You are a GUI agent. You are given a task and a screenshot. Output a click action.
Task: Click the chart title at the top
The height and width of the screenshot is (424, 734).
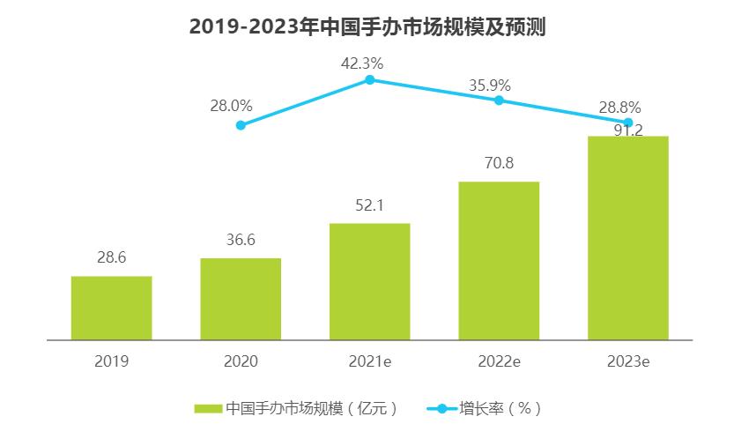367,27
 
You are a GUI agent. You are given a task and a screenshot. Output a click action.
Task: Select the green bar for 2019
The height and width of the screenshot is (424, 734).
111,308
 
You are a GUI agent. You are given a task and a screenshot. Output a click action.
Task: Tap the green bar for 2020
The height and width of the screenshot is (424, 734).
241,299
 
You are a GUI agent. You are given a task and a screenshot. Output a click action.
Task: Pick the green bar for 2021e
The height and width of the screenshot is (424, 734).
370,281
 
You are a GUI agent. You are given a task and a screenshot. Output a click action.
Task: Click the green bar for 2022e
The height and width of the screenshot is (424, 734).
499,260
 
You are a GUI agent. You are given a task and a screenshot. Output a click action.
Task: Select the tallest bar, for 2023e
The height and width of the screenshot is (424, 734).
628,238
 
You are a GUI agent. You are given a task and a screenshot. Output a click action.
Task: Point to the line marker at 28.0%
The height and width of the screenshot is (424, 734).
241,125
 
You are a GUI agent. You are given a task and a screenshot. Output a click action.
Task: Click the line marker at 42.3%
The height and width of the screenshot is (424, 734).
370,79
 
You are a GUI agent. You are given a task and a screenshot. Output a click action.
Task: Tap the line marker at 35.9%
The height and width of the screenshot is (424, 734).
499,100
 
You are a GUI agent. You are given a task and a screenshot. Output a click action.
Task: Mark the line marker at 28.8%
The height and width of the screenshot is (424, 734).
628,123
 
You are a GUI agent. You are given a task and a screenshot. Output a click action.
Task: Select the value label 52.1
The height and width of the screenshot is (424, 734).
370,206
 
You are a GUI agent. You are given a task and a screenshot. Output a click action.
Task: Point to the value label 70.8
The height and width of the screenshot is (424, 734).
499,164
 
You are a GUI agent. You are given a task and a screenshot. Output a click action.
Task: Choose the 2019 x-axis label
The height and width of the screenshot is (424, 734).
111,361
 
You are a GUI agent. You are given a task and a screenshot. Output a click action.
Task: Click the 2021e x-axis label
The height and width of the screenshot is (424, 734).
370,361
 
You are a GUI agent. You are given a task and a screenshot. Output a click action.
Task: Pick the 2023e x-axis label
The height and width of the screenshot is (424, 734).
628,361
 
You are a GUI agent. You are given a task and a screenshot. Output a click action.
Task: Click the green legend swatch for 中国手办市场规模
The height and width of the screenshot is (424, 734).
208,408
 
